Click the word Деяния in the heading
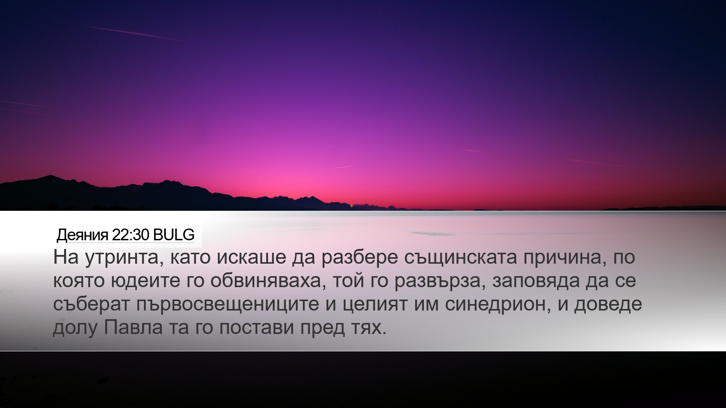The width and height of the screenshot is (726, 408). click(83, 235)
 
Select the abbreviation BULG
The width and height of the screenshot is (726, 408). click(174, 235)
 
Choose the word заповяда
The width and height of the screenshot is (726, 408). click(536, 282)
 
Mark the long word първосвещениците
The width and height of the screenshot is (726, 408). click(227, 305)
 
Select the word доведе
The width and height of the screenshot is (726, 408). click(608, 305)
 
